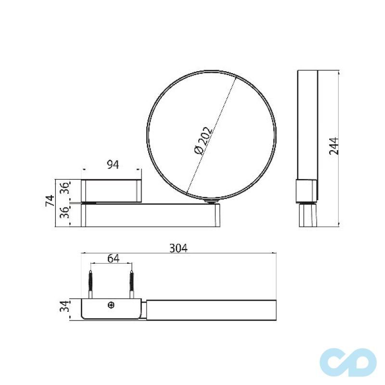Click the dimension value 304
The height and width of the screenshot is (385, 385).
pos(178,248)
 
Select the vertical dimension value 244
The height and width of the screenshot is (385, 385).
pos(334,146)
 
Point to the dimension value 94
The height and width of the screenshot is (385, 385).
pos(112,165)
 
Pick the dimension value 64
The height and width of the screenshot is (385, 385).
pos(113,258)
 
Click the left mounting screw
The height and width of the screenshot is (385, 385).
pos(90,284)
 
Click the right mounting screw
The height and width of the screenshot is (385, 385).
pos(131,284)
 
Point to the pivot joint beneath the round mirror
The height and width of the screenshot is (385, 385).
pos(210,202)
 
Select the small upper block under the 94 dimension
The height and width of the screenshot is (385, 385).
pos(112,190)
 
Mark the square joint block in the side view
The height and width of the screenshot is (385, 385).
pos(306,191)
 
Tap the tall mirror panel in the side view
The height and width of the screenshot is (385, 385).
pos(307,125)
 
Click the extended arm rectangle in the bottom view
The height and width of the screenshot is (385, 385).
pos(211,309)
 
